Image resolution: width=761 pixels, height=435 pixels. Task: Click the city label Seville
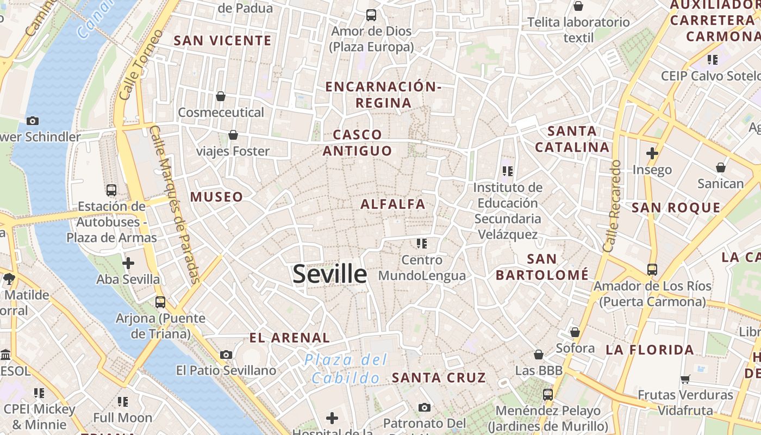(x=330, y=274)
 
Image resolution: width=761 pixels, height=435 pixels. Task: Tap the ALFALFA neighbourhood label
(x=393, y=204)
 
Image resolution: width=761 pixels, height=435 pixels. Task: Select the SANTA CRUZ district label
(x=439, y=377)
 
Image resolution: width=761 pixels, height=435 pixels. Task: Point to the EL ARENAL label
(x=290, y=338)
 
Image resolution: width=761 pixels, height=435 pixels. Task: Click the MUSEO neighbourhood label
(x=216, y=197)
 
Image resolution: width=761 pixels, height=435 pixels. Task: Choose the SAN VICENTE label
(x=222, y=41)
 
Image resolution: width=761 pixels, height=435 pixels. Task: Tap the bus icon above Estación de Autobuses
(x=111, y=190)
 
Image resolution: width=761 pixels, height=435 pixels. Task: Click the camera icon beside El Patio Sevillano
(x=226, y=355)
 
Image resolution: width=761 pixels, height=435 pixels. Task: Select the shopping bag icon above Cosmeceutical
(x=221, y=96)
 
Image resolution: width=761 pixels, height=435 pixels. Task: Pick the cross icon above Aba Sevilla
(x=128, y=264)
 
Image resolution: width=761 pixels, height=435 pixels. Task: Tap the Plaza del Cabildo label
(x=346, y=369)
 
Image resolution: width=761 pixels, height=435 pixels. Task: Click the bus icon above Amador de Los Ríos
(x=652, y=269)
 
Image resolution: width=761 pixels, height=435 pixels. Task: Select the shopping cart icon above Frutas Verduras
(x=685, y=379)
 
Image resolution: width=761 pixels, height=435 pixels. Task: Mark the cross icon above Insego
(x=652, y=153)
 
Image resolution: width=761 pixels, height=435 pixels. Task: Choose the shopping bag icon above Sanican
(x=721, y=167)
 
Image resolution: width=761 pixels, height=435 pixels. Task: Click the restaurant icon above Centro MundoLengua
(x=422, y=243)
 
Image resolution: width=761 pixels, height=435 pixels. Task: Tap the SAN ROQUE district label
(x=676, y=208)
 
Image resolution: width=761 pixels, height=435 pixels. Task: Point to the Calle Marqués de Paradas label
(x=175, y=205)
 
